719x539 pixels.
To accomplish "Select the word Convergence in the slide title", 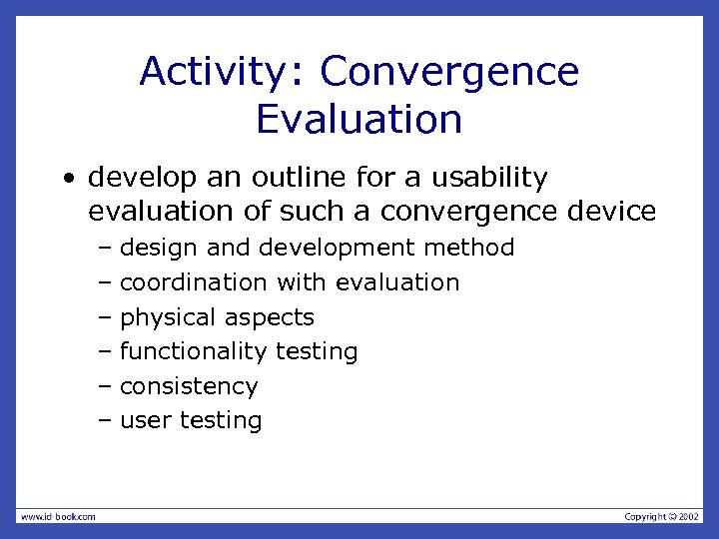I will pos(449,72).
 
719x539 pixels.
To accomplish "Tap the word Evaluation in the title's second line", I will pos(359,119).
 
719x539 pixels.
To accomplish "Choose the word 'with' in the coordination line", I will pos(302,282).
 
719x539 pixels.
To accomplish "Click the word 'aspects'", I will pos(269,317).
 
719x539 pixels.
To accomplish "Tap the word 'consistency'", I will pos(189,386).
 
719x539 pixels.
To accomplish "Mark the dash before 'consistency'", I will pos(106,386).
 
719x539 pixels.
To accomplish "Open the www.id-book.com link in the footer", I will pos(58,516).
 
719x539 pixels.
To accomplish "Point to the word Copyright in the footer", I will pos(645,516).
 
